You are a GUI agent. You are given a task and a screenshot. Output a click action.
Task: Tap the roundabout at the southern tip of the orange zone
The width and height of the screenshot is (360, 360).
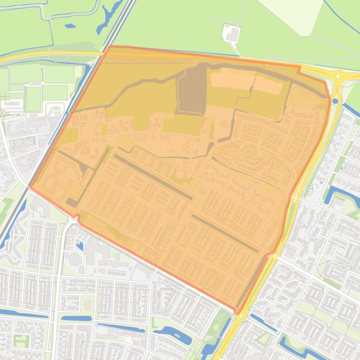pyautogui.click(x=241, y=317)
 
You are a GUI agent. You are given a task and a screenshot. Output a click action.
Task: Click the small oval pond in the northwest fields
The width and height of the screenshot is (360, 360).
pyautogui.click(x=70, y=26)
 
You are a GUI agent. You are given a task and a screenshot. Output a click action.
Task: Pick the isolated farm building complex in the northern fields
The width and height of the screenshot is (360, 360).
pyautogui.click(x=231, y=33)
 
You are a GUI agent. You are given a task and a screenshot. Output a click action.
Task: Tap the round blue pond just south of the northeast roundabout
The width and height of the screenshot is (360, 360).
pyautogui.click(x=335, y=101)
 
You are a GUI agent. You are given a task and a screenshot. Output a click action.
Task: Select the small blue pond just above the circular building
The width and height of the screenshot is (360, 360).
pyautogui.click(x=80, y=245)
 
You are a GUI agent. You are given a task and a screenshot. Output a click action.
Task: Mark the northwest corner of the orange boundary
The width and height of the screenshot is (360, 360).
pyautogui.click(x=109, y=46)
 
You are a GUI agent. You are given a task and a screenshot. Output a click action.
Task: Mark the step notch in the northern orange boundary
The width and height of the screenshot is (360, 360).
pyautogui.click(x=299, y=69)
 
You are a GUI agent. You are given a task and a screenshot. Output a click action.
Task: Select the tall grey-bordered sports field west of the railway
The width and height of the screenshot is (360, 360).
pyautogui.click(x=33, y=99)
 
